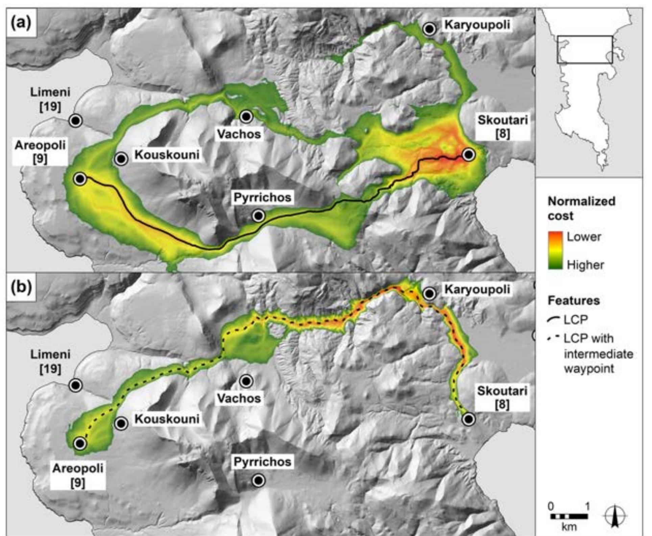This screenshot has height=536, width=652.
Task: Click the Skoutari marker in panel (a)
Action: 468,155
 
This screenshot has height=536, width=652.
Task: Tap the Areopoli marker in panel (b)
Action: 80,443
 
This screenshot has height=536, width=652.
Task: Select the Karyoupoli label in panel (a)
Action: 477,25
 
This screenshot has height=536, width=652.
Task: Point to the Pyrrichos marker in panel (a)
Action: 259,216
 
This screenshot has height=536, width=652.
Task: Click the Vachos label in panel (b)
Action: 239,398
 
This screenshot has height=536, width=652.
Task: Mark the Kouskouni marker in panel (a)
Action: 121,159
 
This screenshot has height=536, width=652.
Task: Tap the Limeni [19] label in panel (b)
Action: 50,362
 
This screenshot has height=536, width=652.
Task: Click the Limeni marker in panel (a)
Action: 76,120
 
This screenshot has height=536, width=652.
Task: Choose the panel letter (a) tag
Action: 21,23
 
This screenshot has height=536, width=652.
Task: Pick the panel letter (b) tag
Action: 21,287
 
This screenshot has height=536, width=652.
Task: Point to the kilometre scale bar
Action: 569,516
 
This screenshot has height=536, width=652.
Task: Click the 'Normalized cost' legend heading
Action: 581,208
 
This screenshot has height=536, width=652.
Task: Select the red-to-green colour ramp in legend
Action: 555,250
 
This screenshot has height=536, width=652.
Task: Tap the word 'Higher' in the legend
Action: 585,265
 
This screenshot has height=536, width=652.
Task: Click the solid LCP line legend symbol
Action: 554,319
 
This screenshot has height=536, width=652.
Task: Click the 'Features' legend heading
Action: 574,300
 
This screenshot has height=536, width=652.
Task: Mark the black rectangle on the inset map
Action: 585,49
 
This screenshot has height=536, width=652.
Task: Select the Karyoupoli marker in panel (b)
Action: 430,293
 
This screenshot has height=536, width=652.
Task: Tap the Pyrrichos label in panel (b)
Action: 262,462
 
